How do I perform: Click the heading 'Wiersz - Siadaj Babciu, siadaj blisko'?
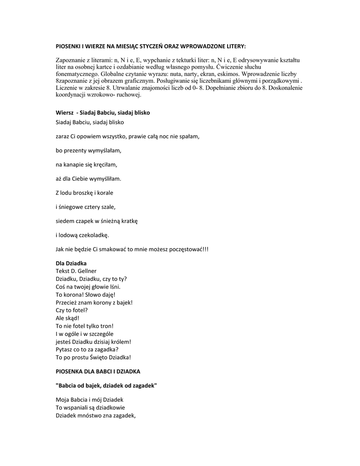pos(102,112)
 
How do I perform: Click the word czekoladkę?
pos(94,235)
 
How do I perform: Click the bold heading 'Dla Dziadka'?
pos(71,263)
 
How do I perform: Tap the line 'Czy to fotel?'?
pos(71,310)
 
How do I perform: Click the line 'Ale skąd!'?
pos(67,318)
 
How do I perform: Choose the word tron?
pos(106,326)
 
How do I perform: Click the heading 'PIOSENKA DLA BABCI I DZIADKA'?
pos(98,371)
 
